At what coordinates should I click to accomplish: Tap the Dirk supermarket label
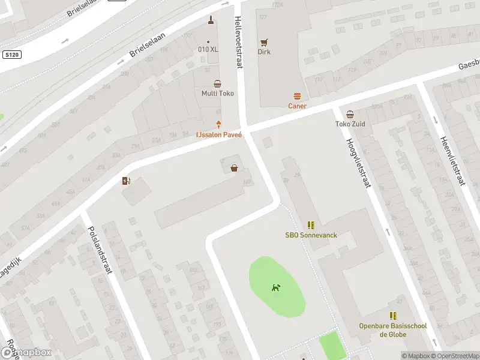pyautogui.click(x=264, y=52)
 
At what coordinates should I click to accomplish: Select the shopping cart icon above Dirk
pyautogui.click(x=264, y=42)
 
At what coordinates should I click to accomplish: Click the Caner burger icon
pyautogui.click(x=297, y=96)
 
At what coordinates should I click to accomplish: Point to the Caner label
pyautogui.click(x=297, y=106)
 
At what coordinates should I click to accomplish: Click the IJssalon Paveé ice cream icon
pyautogui.click(x=218, y=125)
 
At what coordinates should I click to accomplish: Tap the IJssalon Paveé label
pyautogui.click(x=219, y=135)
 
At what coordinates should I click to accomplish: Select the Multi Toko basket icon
pyautogui.click(x=217, y=84)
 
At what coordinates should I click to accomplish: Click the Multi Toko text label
pyautogui.click(x=217, y=94)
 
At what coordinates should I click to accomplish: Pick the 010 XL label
pyautogui.click(x=208, y=49)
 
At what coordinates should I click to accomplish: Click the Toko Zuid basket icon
pyautogui.click(x=350, y=114)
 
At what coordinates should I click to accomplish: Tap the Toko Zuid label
pyautogui.click(x=350, y=124)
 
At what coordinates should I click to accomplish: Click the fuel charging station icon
pyautogui.click(x=126, y=181)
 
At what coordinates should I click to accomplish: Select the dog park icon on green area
pyautogui.click(x=275, y=288)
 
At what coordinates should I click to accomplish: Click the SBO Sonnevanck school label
pyautogui.click(x=311, y=235)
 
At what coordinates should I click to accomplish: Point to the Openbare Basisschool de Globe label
pyautogui.click(x=393, y=330)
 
